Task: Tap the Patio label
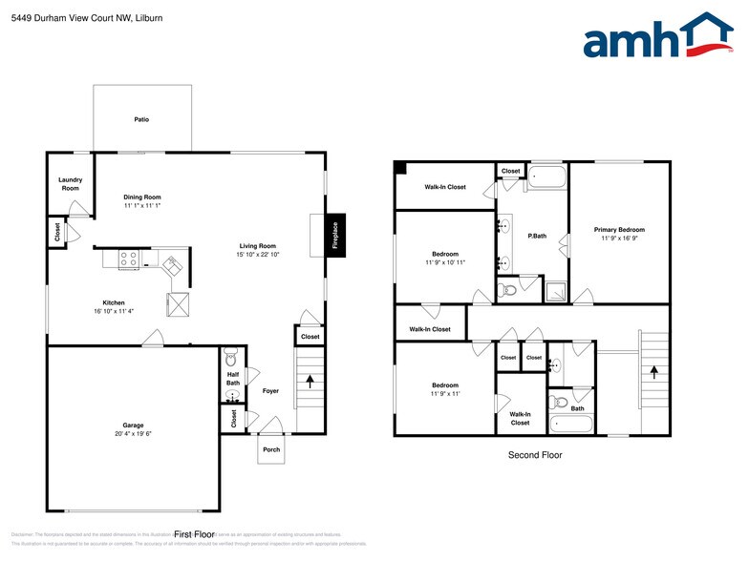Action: (x=141, y=119)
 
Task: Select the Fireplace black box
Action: (x=335, y=235)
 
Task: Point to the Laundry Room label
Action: (x=70, y=184)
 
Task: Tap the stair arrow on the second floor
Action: (x=653, y=373)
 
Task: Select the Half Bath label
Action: (x=233, y=379)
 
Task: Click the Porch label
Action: (x=271, y=448)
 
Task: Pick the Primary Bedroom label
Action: (x=619, y=229)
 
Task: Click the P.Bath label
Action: (x=538, y=236)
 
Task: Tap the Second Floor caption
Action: (x=535, y=455)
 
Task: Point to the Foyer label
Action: (x=270, y=390)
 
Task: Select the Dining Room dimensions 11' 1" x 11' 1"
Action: (x=141, y=206)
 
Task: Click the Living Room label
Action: (x=257, y=246)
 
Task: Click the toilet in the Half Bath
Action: (x=229, y=359)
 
